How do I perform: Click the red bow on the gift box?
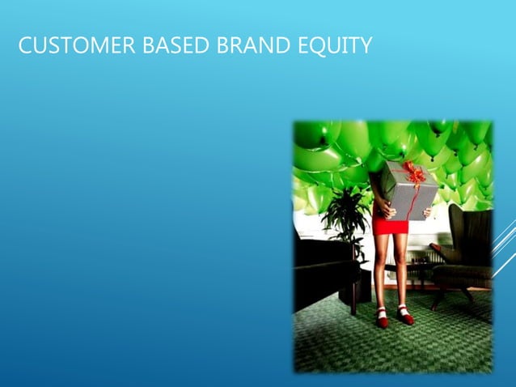coord(414,172)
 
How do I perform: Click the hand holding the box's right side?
coord(426,212)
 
